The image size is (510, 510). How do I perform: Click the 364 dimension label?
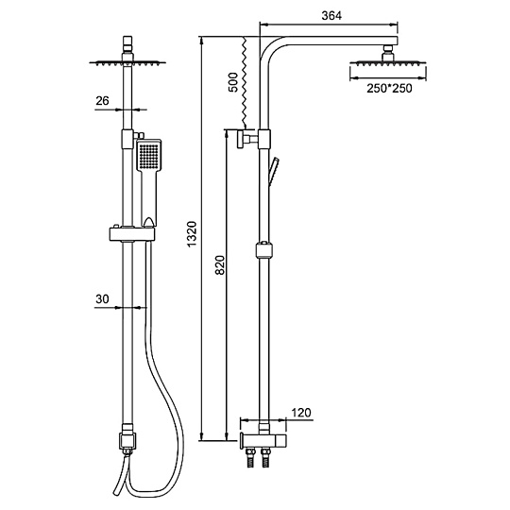pos(331,16)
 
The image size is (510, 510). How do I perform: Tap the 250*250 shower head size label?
pos(389,88)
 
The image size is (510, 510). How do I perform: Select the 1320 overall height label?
pos(193,233)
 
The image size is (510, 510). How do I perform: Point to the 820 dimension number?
pos(220,265)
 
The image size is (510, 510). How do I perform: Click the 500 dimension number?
pos(233,82)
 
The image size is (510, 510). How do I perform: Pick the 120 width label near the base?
pos(301,413)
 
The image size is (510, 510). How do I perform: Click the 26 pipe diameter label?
pos(102,101)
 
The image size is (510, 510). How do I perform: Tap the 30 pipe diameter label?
pos(102,298)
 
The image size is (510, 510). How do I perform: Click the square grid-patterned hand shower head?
pos(148,155)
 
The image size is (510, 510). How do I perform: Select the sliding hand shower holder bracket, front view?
pos(131,234)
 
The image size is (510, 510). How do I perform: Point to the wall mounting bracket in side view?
pos(247,139)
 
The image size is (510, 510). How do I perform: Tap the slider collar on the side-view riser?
pos(264,249)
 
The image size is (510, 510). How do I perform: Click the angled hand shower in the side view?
pos(273,172)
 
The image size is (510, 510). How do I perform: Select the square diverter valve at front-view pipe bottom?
pos(127,440)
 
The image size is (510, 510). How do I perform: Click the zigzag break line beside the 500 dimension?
pos(244,82)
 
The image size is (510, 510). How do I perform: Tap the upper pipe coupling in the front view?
pos(127,139)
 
